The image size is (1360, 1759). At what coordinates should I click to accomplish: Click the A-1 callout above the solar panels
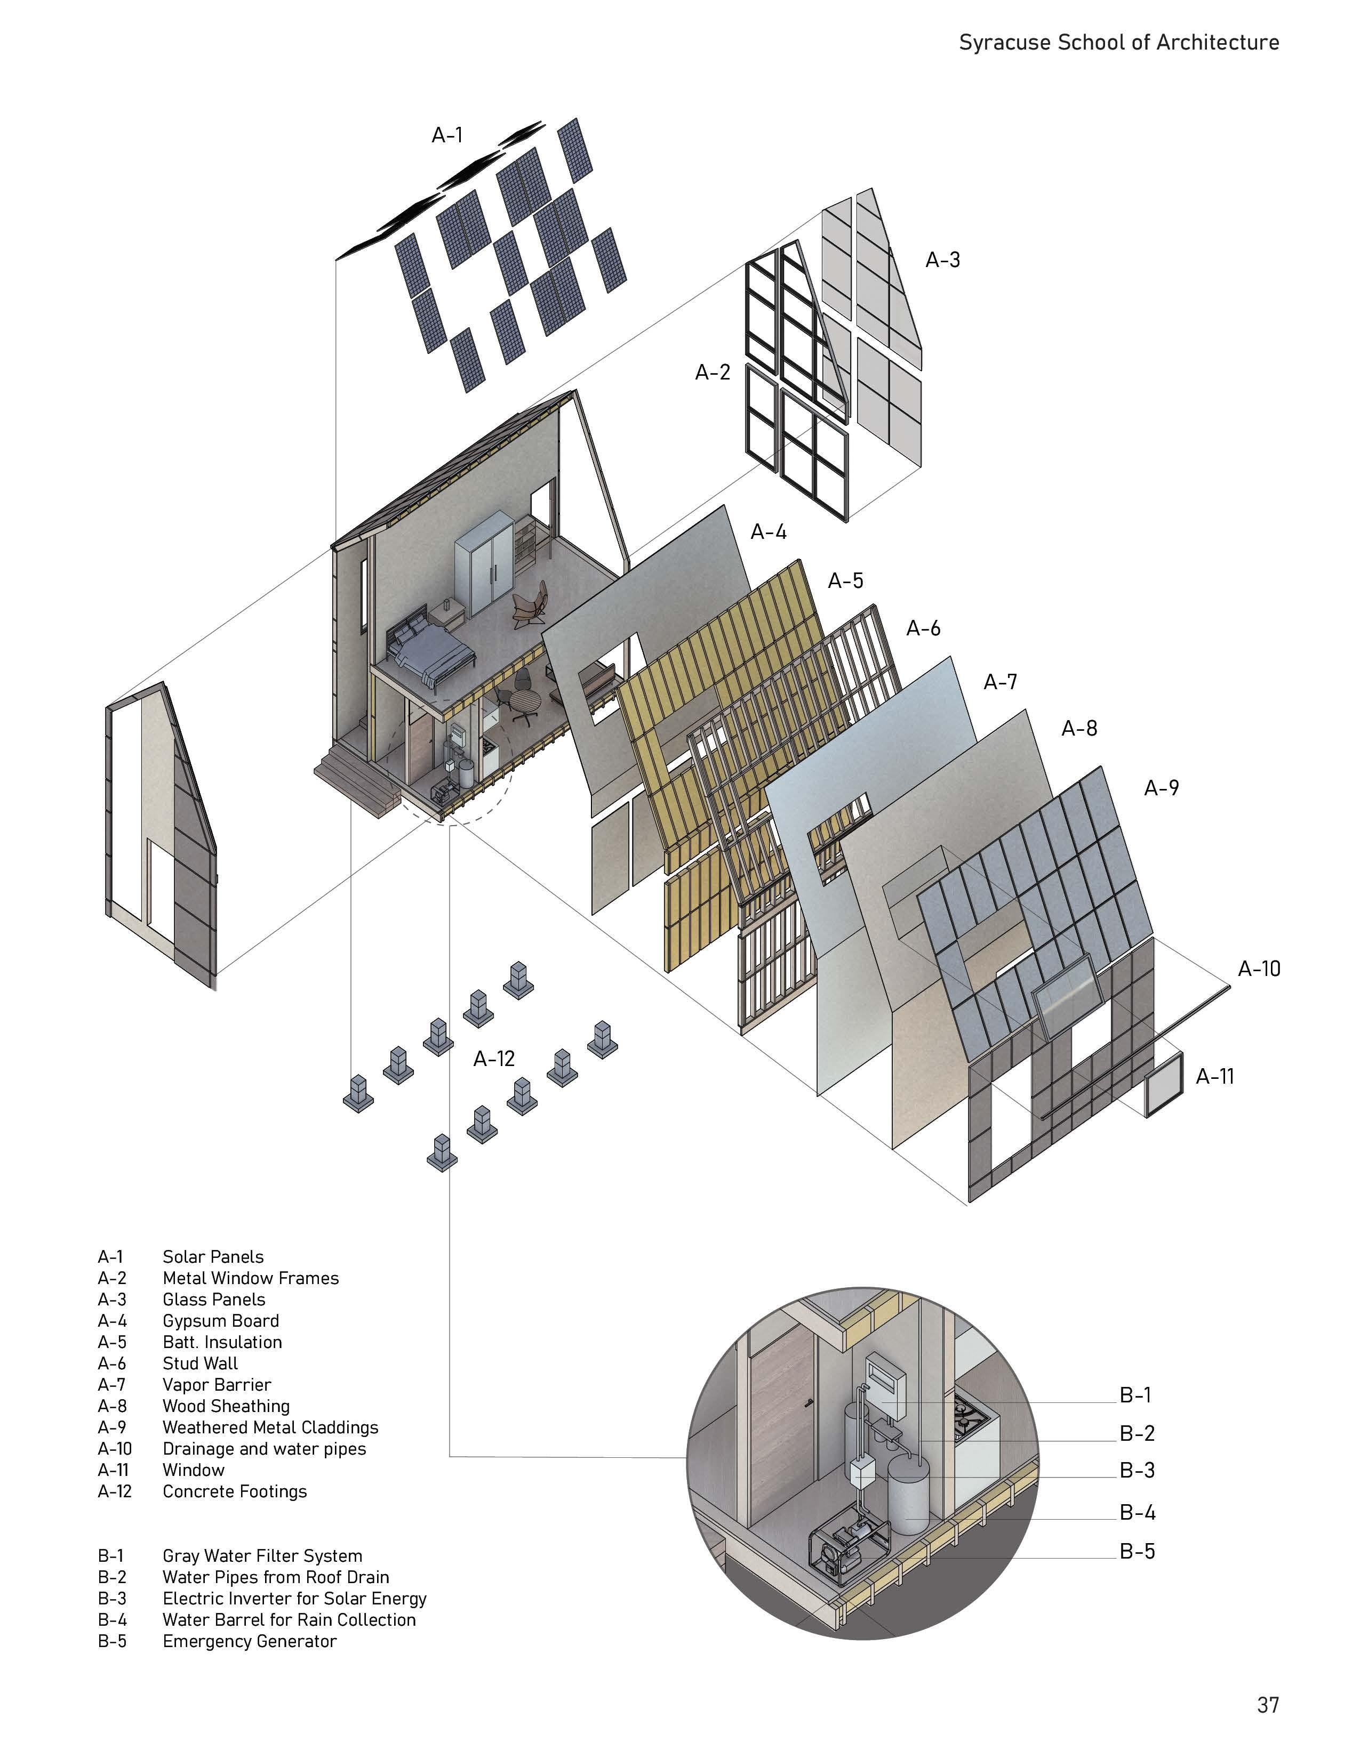(447, 135)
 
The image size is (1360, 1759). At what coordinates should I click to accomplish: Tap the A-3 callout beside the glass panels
(942, 260)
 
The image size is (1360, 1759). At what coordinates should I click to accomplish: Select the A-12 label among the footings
(493, 1059)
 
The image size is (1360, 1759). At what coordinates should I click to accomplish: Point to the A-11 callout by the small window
(1214, 1076)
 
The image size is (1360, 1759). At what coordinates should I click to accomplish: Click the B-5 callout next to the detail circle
(1137, 1551)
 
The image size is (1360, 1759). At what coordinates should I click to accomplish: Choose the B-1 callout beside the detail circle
(1135, 1395)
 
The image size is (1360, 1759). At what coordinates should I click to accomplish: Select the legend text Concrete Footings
(235, 1491)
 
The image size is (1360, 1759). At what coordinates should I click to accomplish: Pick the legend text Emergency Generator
(249, 1641)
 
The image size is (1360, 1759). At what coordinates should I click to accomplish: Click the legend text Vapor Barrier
(217, 1384)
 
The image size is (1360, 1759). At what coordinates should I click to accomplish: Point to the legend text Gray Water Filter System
(262, 1556)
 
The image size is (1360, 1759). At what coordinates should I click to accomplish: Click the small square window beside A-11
(1164, 1084)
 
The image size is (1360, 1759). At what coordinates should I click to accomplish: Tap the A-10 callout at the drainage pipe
(1259, 969)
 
